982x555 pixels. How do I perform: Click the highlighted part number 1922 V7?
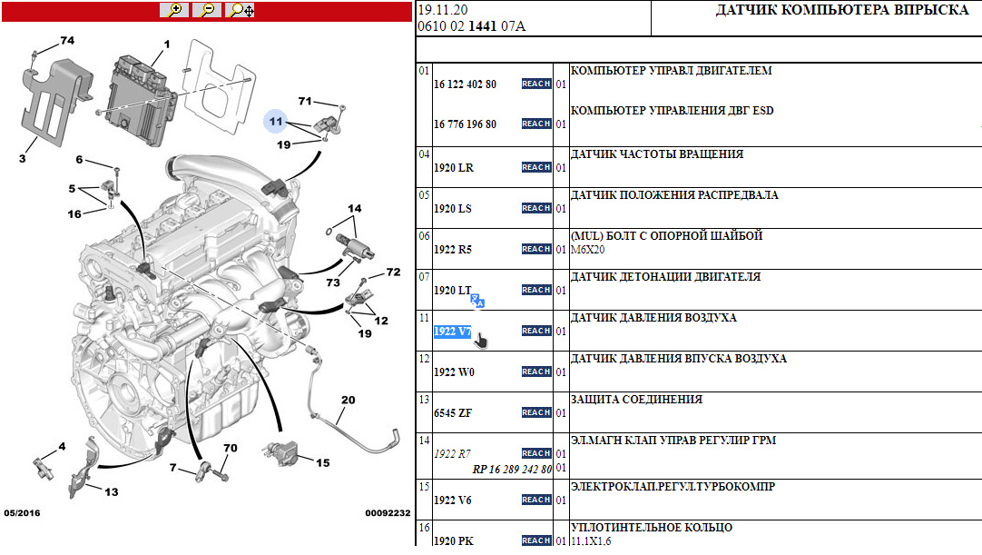(452, 332)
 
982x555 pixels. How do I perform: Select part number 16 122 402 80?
(465, 84)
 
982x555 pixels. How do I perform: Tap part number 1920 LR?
(454, 168)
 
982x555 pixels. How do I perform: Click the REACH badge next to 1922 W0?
(536, 372)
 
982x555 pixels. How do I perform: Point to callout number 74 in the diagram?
(67, 40)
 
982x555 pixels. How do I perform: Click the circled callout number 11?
(276, 121)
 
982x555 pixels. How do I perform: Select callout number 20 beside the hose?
(349, 400)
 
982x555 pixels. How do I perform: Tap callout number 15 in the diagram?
(322, 463)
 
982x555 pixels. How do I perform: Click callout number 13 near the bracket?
(112, 491)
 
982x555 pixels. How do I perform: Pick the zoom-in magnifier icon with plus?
(175, 10)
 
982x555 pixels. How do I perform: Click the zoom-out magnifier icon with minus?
(207, 10)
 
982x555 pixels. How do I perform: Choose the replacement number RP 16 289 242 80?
(512, 469)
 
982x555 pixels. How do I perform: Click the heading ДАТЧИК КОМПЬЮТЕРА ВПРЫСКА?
(842, 10)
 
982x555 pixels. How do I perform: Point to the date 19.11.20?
(443, 10)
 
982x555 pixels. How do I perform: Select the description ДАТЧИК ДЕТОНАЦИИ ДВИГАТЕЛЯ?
(665, 276)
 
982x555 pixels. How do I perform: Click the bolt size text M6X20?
(587, 250)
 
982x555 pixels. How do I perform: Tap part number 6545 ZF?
(453, 413)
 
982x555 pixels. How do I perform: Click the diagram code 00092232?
(388, 513)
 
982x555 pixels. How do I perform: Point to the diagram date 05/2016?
(22, 513)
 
